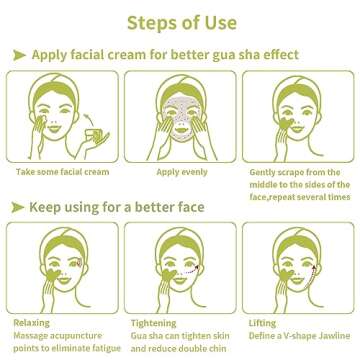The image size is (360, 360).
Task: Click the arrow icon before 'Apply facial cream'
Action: click(18, 54)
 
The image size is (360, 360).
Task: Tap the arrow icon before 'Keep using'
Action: click(18, 206)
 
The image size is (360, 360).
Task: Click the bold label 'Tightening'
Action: click(156, 323)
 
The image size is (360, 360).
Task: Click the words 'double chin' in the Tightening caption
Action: click(200, 349)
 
